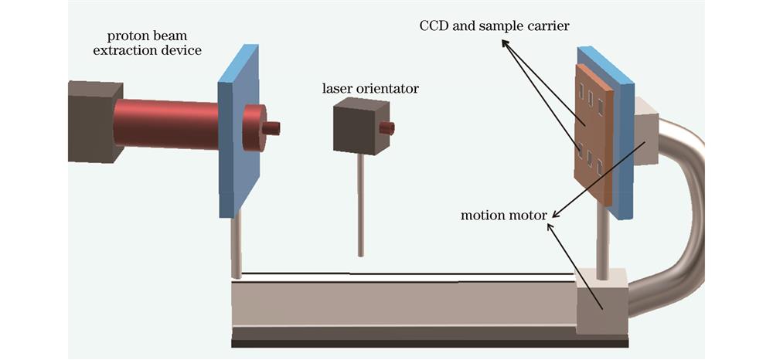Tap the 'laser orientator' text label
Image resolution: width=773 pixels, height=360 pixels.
tap(370, 89)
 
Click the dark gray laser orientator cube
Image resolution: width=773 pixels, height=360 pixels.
tap(355, 127)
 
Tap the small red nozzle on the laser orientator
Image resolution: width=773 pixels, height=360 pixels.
tap(386, 127)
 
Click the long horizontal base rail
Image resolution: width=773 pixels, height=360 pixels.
tap(402, 305)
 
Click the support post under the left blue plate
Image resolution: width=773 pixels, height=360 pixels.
tap(237, 243)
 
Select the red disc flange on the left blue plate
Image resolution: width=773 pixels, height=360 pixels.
tap(253, 127)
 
